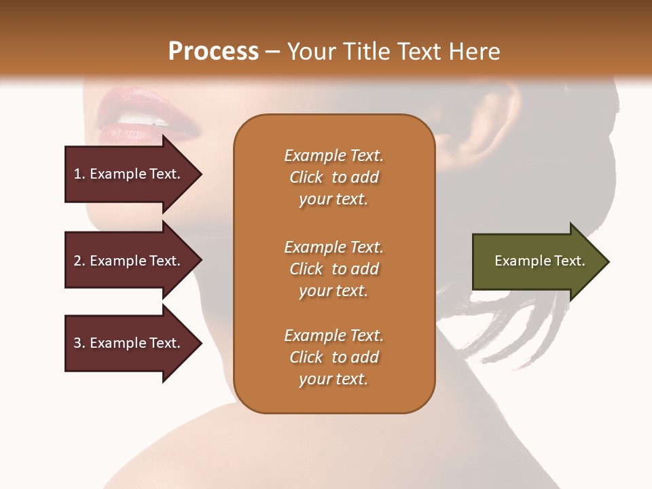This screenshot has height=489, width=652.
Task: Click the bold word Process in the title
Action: [213, 52]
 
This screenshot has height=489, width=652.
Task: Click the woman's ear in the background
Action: [486, 122]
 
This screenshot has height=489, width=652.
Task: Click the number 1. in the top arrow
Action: [79, 174]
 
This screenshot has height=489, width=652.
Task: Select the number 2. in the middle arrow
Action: [79, 261]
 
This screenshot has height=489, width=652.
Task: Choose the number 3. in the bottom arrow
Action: [79, 343]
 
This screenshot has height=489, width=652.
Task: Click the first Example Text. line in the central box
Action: [333, 156]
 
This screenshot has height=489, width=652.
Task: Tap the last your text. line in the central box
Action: [333, 379]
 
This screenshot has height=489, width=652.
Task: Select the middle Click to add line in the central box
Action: [333, 269]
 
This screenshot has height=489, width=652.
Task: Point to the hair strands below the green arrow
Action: [523, 326]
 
